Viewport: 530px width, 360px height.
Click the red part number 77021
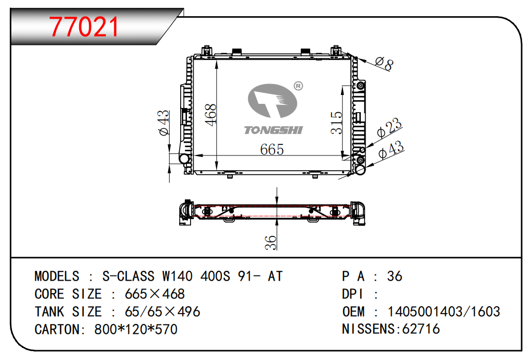pos(84,27)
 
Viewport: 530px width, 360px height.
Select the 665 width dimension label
pos(272,150)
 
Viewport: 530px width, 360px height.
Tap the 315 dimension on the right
pos(337,123)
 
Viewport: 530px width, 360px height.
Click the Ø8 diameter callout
pos(385,63)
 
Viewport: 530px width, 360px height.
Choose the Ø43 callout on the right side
pos(391,150)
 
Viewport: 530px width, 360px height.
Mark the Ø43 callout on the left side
pos(163,123)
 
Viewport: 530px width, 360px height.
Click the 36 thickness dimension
pos(270,242)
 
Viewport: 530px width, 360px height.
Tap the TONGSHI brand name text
pos(273,130)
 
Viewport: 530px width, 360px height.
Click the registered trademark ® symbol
pos(298,86)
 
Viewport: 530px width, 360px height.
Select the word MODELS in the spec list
pos(57,277)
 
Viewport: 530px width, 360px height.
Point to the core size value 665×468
pos(155,294)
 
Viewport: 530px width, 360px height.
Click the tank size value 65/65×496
pos(162,312)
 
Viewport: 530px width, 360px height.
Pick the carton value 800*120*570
pos(136,330)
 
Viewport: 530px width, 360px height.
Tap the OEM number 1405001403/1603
pos(443,312)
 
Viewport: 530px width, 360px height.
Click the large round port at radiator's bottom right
pos(360,169)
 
